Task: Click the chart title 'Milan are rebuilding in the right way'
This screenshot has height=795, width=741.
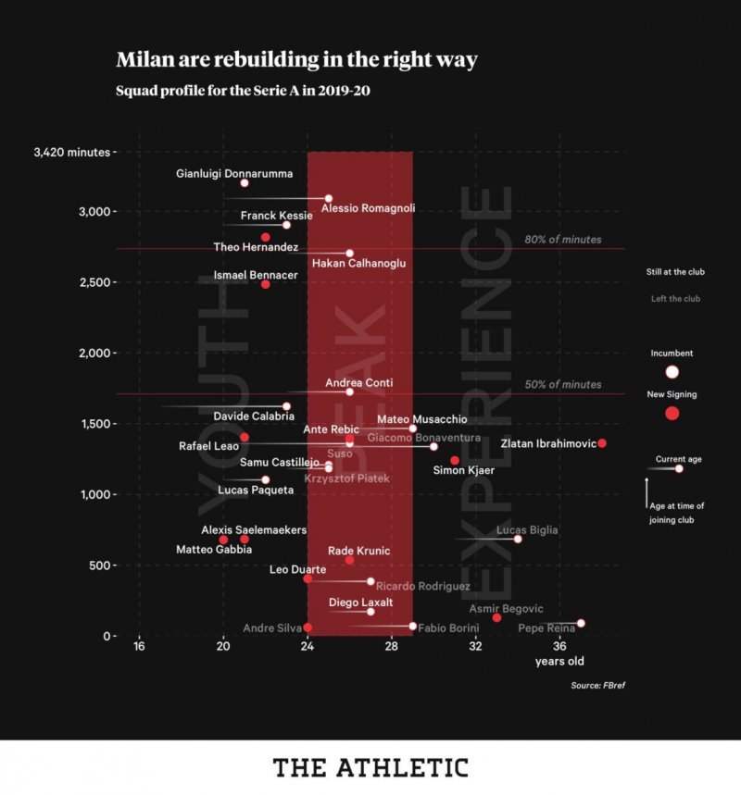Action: tap(296, 60)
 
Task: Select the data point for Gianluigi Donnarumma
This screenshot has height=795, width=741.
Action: tap(245, 183)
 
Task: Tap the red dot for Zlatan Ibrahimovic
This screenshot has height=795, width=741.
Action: tap(602, 443)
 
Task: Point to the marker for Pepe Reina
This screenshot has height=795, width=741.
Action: tap(581, 624)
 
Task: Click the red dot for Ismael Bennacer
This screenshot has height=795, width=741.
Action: tap(265, 284)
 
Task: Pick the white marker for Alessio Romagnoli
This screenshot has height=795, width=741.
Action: tap(329, 198)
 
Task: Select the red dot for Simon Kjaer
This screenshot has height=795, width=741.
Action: tap(455, 460)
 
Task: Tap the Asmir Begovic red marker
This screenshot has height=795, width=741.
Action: tap(497, 617)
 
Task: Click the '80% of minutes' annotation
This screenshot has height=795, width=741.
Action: tap(562, 240)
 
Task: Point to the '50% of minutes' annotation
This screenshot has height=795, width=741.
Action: tap(562, 384)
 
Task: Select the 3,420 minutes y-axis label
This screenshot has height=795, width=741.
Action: tap(70, 152)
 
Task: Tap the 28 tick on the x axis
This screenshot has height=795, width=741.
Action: tap(392, 646)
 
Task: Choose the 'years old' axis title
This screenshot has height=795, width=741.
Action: tap(559, 661)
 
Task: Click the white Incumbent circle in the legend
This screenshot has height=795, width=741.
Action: tap(672, 372)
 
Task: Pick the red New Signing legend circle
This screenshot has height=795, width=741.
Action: tap(672, 414)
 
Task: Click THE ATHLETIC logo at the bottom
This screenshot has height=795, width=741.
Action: tap(370, 767)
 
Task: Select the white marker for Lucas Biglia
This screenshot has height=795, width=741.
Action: tap(518, 539)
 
